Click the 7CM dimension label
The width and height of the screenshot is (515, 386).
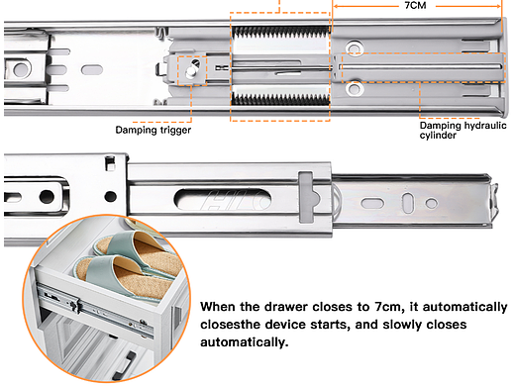coord(415,5)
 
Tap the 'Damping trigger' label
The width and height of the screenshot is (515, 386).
coord(154,130)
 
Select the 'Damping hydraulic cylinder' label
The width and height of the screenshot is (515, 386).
coord(463,131)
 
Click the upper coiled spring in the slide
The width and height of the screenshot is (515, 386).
coord(280,32)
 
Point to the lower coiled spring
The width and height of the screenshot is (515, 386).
coord(280,99)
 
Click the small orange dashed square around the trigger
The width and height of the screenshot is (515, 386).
coord(192,71)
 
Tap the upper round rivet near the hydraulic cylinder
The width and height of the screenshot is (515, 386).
coord(354,48)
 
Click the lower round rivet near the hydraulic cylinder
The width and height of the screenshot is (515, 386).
coord(354,88)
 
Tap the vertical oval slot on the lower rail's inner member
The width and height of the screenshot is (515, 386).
coord(408,203)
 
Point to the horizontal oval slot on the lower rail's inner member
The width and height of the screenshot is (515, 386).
coord(372,203)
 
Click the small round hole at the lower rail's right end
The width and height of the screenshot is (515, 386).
coord(431,203)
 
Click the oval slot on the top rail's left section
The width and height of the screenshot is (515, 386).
coord(92,70)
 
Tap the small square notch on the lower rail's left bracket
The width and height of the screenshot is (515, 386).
coord(110,164)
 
